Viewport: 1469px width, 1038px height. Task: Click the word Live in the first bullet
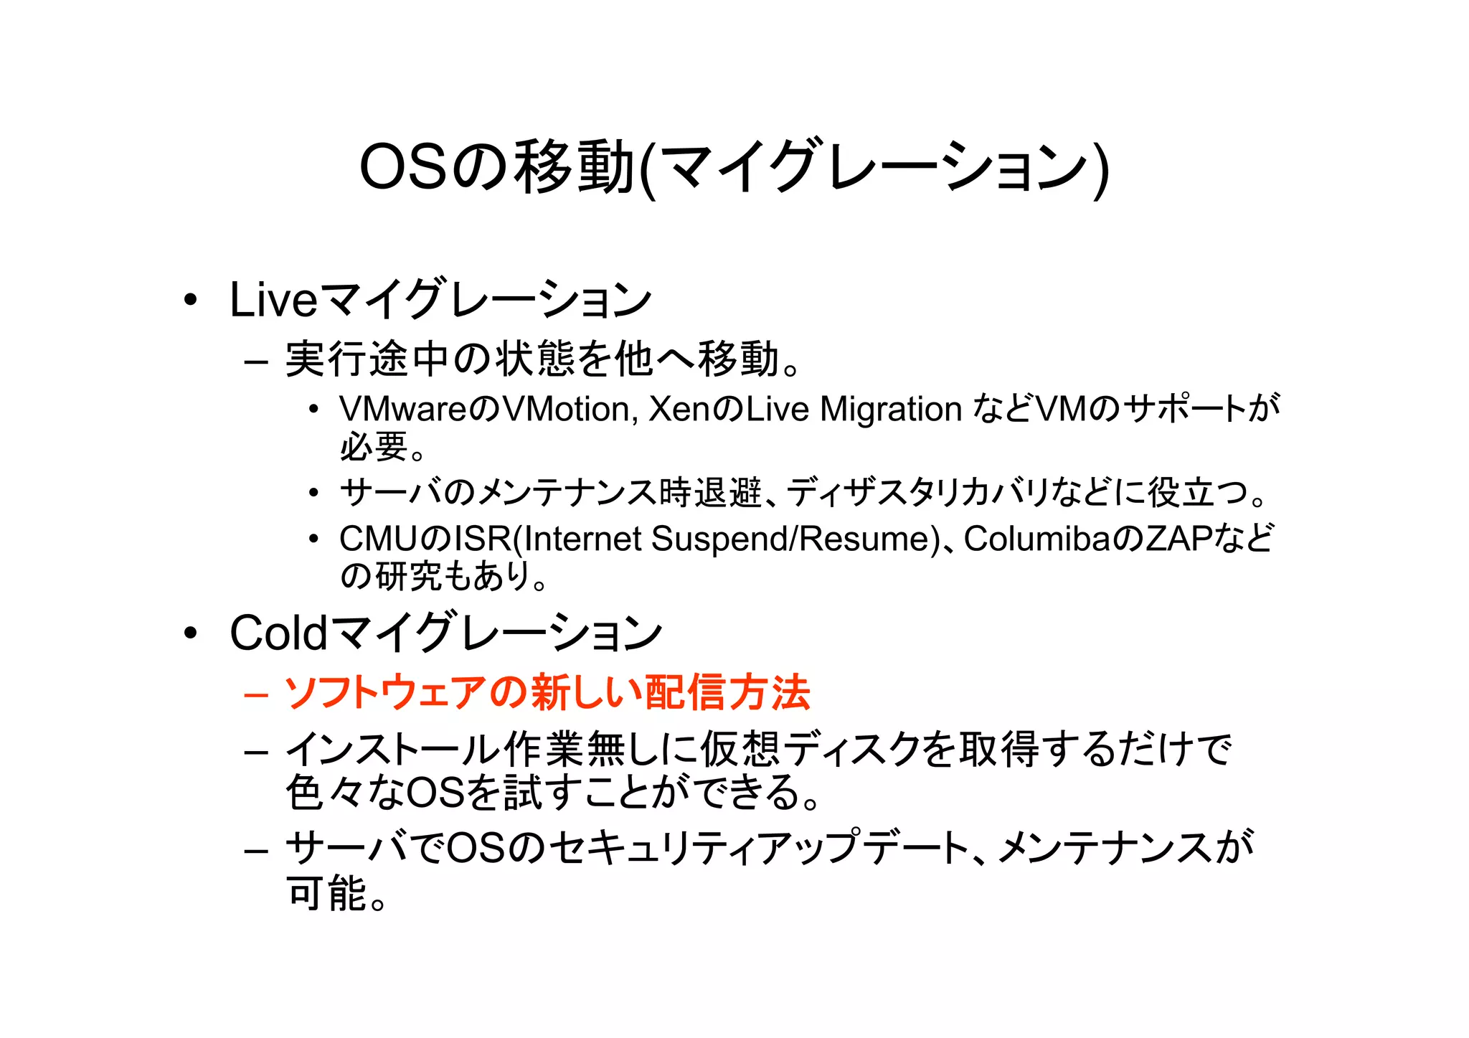pyautogui.click(x=273, y=300)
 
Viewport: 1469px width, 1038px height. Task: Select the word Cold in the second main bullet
pyautogui.click(x=278, y=633)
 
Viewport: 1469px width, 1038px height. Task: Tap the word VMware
pyautogui.click(x=404, y=410)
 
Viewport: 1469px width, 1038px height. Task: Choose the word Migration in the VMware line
pyautogui.click(x=890, y=410)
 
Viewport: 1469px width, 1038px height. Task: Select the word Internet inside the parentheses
pyautogui.click(x=582, y=539)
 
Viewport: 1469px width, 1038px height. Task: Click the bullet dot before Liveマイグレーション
pyautogui.click(x=190, y=300)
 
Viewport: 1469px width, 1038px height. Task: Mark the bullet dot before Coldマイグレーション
pyautogui.click(x=190, y=633)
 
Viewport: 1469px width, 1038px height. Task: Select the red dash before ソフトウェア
pyautogui.click(x=256, y=694)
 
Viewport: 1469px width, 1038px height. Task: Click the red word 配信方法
pyautogui.click(x=727, y=693)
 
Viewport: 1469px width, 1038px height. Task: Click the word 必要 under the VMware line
pyautogui.click(x=374, y=447)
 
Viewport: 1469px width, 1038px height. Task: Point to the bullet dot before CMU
pyautogui.click(x=313, y=539)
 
